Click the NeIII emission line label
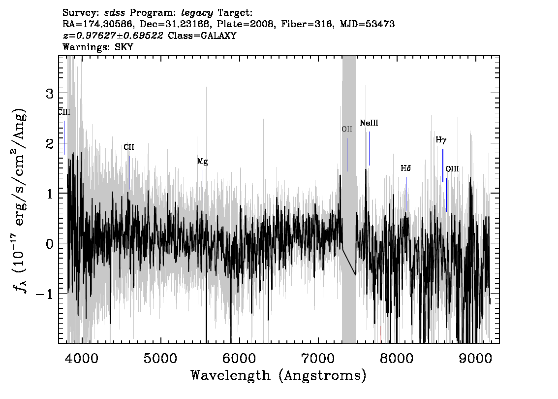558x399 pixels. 369,123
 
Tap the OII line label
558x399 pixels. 347,129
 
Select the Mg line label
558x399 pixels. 203,162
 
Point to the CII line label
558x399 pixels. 129,147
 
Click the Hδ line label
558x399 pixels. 405,168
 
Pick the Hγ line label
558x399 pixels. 441,140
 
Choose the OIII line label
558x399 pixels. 452,169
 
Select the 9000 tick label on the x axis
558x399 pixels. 475,358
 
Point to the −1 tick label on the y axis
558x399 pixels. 44,294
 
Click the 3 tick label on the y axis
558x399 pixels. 50,94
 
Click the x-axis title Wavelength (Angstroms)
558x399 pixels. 279,375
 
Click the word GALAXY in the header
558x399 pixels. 220,35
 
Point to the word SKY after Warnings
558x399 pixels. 124,47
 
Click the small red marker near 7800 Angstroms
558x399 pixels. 380,334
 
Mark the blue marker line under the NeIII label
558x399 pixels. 369,149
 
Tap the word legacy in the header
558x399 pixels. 197,13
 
